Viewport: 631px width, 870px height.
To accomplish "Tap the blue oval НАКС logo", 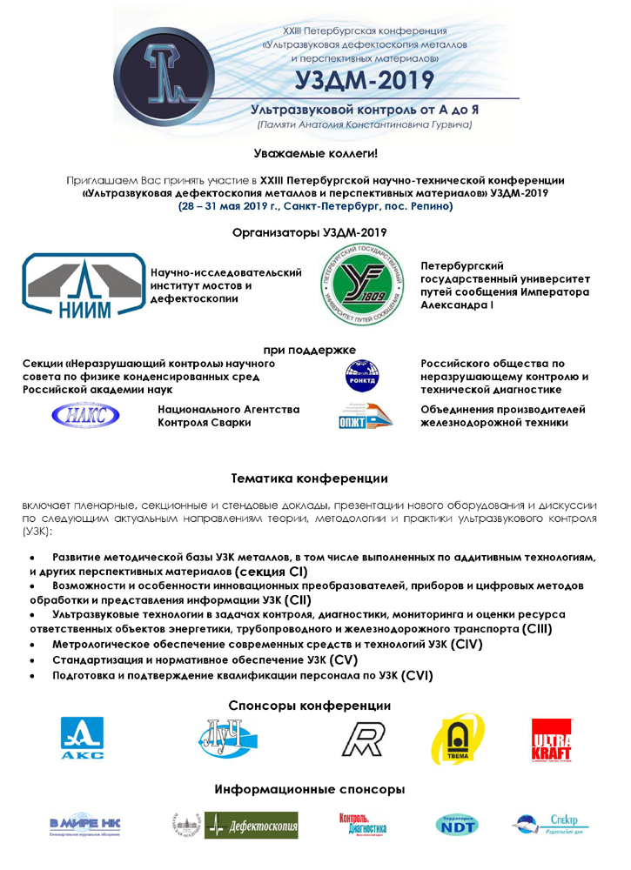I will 85,415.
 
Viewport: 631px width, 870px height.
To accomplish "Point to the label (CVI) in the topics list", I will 412,676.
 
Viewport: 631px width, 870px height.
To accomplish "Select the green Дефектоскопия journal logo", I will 252,825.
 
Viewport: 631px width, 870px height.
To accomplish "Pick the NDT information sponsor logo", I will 456,825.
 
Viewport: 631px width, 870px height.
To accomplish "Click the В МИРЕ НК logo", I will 84,825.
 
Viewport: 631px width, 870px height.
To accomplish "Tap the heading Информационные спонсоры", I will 310,790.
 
